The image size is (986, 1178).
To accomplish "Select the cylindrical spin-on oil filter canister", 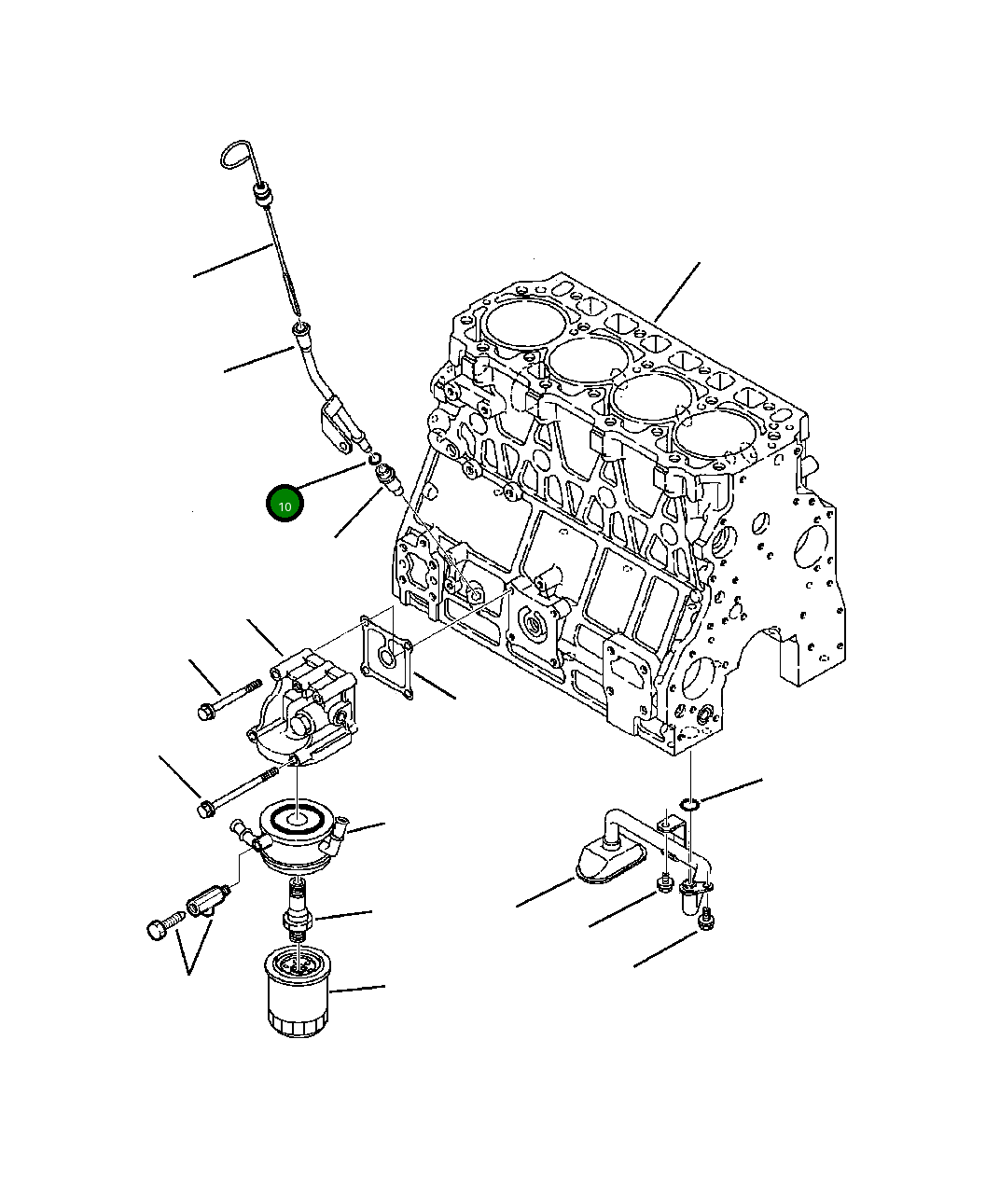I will [296, 991].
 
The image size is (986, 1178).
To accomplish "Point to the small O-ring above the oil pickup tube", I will [688, 805].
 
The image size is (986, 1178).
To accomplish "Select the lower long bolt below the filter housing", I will [238, 790].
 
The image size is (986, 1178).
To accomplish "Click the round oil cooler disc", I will [299, 832].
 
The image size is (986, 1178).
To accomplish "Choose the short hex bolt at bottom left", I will [160, 928].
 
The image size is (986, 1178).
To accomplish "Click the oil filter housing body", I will [303, 714].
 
